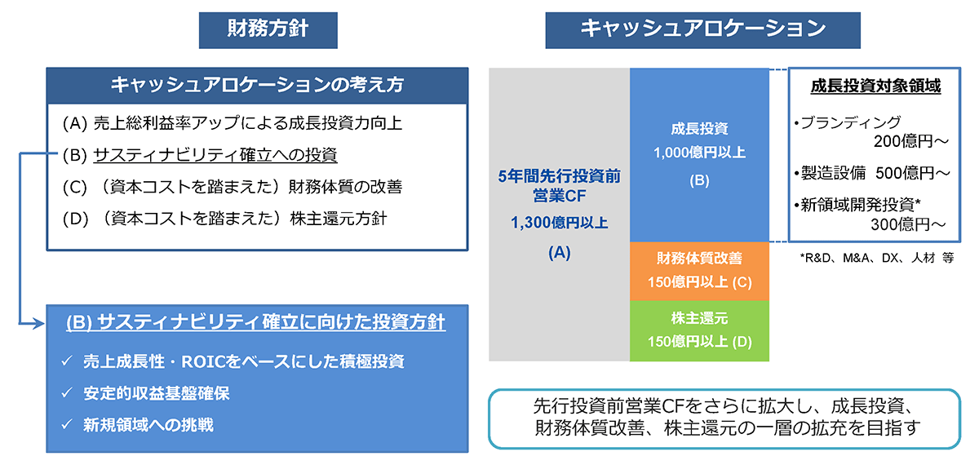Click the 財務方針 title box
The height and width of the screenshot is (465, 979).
[268, 30]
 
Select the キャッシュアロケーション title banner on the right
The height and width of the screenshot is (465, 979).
[702, 30]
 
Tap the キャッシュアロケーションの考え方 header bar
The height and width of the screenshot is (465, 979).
[257, 85]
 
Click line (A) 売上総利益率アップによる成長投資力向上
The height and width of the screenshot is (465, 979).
[232, 124]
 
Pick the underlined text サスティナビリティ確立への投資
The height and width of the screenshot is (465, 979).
[215, 155]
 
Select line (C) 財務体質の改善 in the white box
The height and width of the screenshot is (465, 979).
[232, 187]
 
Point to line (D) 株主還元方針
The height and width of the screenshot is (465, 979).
[224, 219]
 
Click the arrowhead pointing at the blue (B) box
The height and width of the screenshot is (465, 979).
[38, 324]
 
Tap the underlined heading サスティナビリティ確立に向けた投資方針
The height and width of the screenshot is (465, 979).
[255, 323]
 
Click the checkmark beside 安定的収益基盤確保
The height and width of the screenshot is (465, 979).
[67, 393]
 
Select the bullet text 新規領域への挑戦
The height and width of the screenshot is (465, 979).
[148, 425]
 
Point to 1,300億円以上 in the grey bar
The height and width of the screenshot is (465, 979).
[560, 223]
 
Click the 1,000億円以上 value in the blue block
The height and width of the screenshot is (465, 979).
[699, 153]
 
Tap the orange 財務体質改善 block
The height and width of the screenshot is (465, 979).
[699, 271]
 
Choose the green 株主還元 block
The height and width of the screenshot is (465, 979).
[699, 331]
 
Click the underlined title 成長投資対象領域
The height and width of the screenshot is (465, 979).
[875, 86]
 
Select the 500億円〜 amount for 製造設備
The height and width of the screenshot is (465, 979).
[913, 173]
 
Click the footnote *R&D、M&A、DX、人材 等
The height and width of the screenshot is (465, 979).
[877, 258]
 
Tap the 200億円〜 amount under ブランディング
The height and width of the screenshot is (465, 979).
[910, 141]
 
